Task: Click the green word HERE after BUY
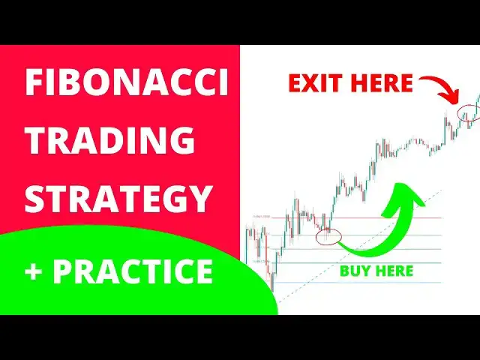tap(394, 270)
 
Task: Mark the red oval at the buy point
tap(328, 238)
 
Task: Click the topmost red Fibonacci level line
tap(360, 217)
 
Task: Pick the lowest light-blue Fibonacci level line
tap(360, 283)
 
